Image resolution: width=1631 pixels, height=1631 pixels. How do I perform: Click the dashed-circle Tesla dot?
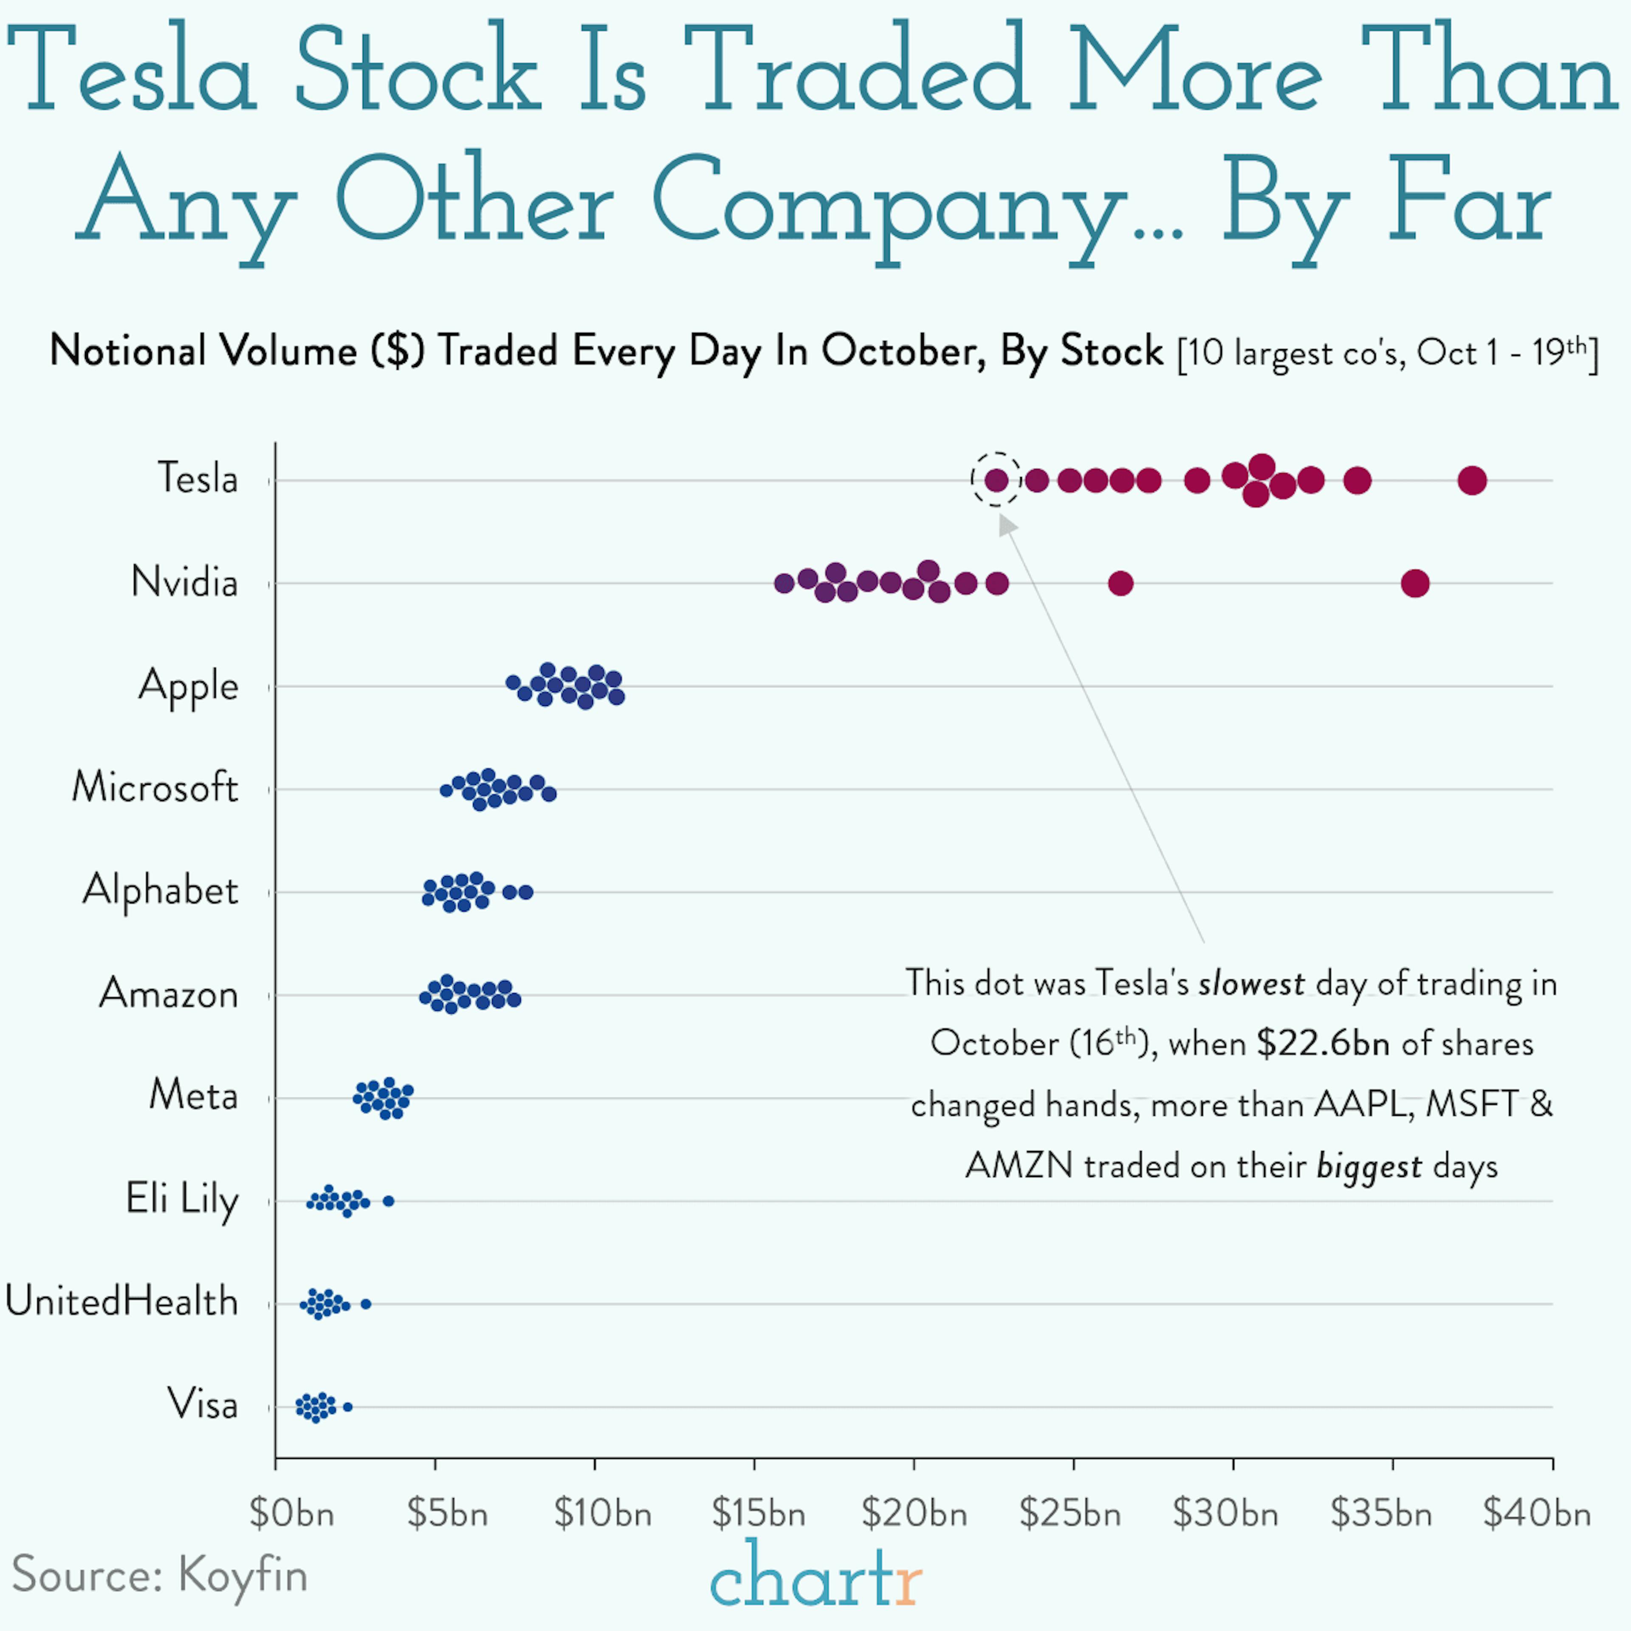996,480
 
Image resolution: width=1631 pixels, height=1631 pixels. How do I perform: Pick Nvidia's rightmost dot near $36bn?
1415,583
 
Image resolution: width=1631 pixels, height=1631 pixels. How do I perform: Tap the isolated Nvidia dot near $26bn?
1120,583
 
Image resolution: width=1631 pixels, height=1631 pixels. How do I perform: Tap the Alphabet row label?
161,891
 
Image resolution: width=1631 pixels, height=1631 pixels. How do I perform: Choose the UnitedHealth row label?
121,1302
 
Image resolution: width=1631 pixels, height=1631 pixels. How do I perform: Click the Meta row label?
193,1096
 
